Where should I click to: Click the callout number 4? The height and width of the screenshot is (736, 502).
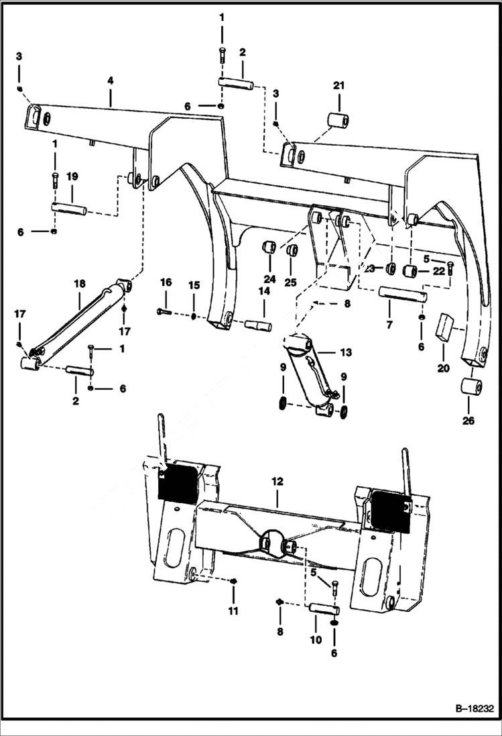pyautogui.click(x=110, y=81)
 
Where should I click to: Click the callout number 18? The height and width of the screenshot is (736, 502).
pyautogui.click(x=79, y=284)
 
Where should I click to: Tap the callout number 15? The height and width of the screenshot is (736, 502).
pyautogui.click(x=193, y=286)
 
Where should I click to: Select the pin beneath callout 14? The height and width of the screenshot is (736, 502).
pyautogui.click(x=258, y=326)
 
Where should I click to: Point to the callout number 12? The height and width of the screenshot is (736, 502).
pyautogui.click(x=277, y=482)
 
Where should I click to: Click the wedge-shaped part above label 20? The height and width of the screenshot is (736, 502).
pyautogui.click(x=444, y=327)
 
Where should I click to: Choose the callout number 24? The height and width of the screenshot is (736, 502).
pyautogui.click(x=269, y=279)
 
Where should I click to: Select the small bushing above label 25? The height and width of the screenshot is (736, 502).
pyautogui.click(x=292, y=251)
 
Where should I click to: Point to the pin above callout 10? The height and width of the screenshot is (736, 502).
pyautogui.click(x=324, y=610)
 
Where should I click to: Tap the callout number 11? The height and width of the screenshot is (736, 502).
pyautogui.click(x=233, y=611)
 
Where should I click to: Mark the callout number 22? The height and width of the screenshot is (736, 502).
pyautogui.click(x=438, y=270)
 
